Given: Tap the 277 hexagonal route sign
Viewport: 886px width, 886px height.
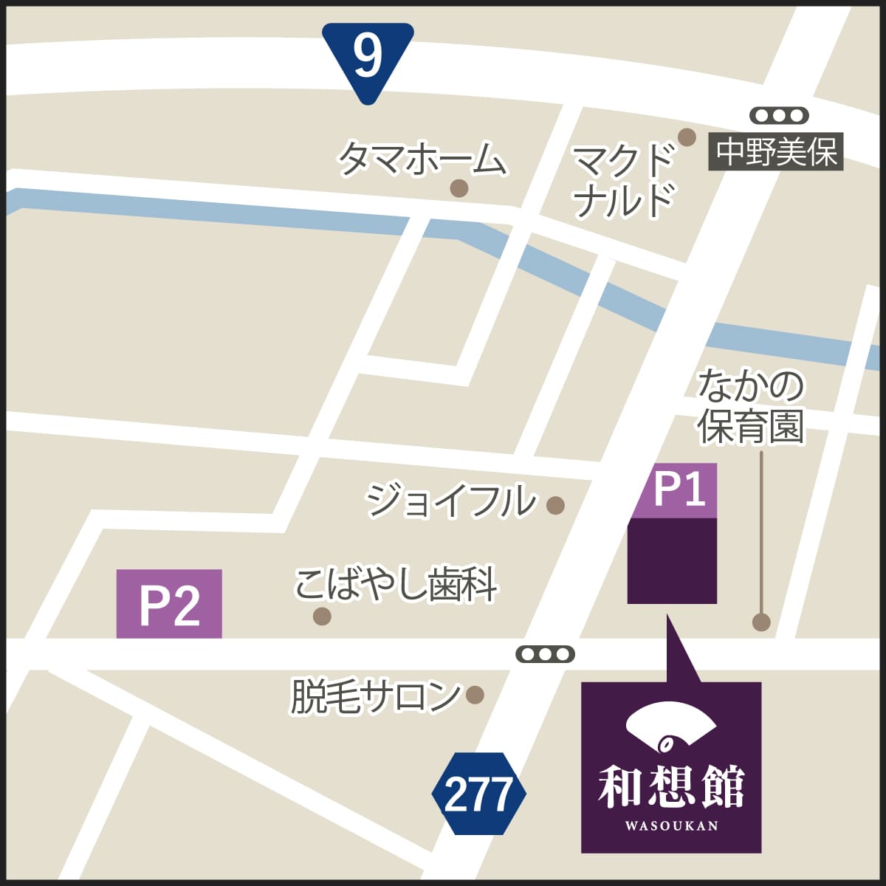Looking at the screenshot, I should [x=478, y=794].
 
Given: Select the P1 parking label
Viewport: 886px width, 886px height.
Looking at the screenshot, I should [x=675, y=490].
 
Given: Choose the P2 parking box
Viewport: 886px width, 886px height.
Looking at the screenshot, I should [x=169, y=604].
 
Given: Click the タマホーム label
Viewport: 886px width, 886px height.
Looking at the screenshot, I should [x=422, y=159].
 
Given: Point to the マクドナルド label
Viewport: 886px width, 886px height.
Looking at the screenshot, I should [x=624, y=181].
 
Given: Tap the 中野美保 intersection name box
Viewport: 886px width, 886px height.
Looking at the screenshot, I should [x=776, y=154].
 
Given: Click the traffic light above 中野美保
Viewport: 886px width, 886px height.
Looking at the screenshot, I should [x=779, y=116].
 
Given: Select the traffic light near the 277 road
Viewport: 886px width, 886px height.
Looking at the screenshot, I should [x=545, y=654].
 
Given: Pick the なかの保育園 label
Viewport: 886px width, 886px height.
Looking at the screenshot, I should [x=751, y=407].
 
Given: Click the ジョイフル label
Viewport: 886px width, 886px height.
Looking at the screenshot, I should [x=452, y=501].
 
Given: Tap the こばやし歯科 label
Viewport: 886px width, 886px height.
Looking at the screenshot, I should [x=396, y=585].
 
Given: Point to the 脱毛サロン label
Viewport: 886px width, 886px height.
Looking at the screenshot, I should [x=375, y=696].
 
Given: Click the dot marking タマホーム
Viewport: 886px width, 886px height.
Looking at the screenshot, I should [x=459, y=188].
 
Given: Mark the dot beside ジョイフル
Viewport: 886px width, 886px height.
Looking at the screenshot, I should [x=555, y=506].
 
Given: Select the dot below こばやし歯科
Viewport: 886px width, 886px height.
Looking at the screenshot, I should [x=322, y=616].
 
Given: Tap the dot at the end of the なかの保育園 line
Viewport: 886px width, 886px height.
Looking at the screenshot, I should [x=761, y=622].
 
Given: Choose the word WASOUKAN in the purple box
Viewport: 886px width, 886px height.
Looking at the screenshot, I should [x=670, y=825].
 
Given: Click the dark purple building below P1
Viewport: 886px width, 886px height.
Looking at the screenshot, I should [x=672, y=561].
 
